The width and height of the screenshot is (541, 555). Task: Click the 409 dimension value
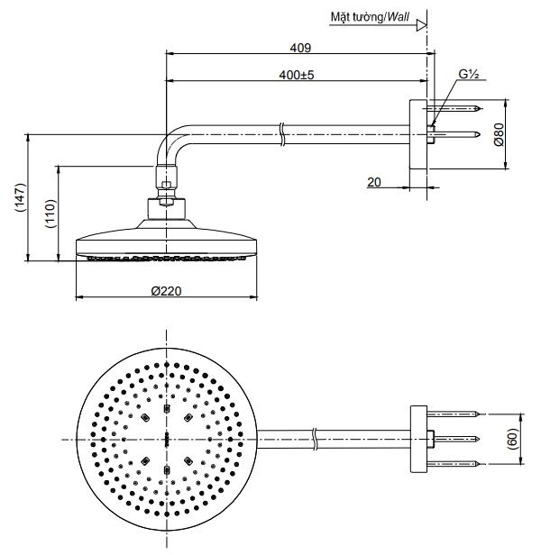pos(300,47)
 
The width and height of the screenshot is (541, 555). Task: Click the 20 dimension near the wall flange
pos(373,182)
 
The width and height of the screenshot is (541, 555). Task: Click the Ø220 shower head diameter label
pos(167,291)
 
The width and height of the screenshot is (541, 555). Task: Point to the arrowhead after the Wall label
pos(420,27)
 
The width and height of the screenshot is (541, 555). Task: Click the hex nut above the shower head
pos(167,190)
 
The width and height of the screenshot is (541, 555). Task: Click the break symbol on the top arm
pos(282,133)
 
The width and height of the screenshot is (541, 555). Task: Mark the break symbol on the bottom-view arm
pos(313,439)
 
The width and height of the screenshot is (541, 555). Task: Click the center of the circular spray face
pos(167,439)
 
